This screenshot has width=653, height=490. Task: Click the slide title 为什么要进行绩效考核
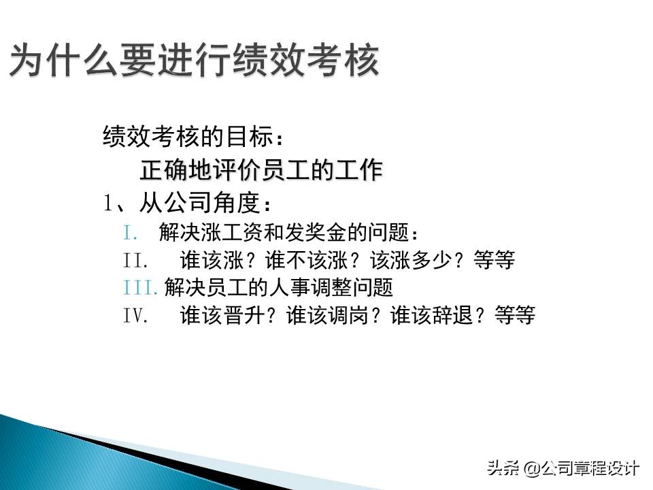194,61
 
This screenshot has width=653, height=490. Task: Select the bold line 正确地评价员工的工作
261,170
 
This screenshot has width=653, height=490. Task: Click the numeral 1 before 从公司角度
107,203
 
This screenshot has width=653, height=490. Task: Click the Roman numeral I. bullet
131,233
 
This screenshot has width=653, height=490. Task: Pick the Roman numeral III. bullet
141,287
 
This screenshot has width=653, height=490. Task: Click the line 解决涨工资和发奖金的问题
289,233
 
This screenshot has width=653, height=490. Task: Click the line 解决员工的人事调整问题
279,287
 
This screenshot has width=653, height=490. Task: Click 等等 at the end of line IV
515,315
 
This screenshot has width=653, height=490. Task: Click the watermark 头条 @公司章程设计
562,468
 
